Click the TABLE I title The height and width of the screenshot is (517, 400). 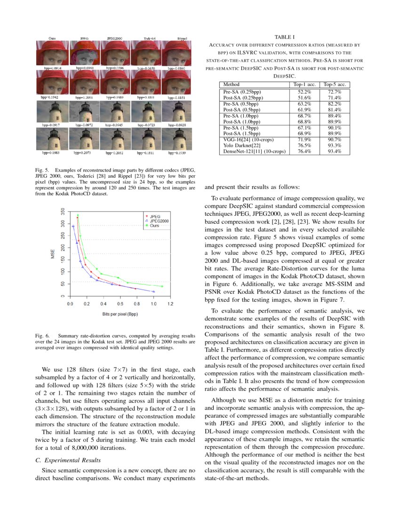[x=285, y=37]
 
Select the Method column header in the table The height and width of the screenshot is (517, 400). [x=231, y=84]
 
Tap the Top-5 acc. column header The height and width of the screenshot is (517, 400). [x=335, y=84]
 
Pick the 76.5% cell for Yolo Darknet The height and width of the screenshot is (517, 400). [x=304, y=145]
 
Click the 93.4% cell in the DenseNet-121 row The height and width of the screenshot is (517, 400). [x=335, y=151]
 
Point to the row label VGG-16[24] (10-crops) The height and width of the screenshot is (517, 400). [x=248, y=139]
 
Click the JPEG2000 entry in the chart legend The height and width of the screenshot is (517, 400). [x=160, y=220]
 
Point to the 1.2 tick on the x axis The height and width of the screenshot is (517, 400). [x=170, y=304]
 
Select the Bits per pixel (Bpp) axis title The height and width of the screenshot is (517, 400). [x=120, y=313]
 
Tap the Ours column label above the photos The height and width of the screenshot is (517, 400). [x=53, y=38]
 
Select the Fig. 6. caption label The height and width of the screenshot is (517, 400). [x=42, y=336]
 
